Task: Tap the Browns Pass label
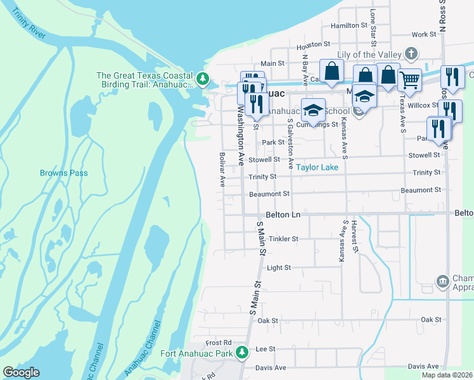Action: (64, 173)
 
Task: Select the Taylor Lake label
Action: (318, 167)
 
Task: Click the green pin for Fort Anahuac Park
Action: (241, 352)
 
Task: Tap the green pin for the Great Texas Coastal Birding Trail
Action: (203, 79)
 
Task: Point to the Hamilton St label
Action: (349, 26)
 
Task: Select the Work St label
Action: (420, 35)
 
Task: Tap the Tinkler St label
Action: (283, 239)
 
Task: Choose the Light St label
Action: (278, 268)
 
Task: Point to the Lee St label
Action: (265, 349)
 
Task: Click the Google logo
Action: (21, 372)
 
